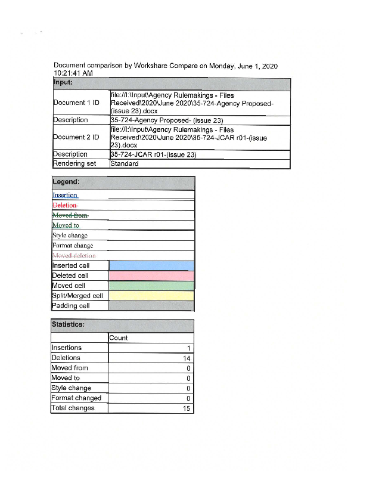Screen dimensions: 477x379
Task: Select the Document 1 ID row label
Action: pyautogui.click(x=76, y=103)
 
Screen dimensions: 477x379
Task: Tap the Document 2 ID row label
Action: pyautogui.click(x=76, y=137)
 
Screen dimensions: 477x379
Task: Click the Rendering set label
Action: pyautogui.click(x=74, y=163)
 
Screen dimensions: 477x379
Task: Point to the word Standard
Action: pyautogui.click(x=125, y=163)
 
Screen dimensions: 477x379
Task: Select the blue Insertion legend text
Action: pyautogui.click(x=65, y=195)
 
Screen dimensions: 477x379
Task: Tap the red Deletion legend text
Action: pyautogui.click(x=65, y=205)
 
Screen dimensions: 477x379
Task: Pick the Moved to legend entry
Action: pyautogui.click(x=66, y=225)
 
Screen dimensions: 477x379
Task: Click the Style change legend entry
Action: pyautogui.click(x=70, y=236)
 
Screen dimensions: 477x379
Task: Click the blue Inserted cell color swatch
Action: pyautogui.click(x=151, y=265)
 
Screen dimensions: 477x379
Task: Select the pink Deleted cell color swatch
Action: pyautogui.click(x=151, y=275)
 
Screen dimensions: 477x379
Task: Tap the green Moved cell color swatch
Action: pyautogui.click(x=151, y=286)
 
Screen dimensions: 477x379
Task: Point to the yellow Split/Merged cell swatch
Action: pyautogui.click(x=151, y=296)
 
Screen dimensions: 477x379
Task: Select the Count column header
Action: pyautogui.click(x=119, y=338)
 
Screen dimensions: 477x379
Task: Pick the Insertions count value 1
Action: pyautogui.click(x=188, y=348)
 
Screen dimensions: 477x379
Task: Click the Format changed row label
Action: pyautogui.click(x=76, y=398)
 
